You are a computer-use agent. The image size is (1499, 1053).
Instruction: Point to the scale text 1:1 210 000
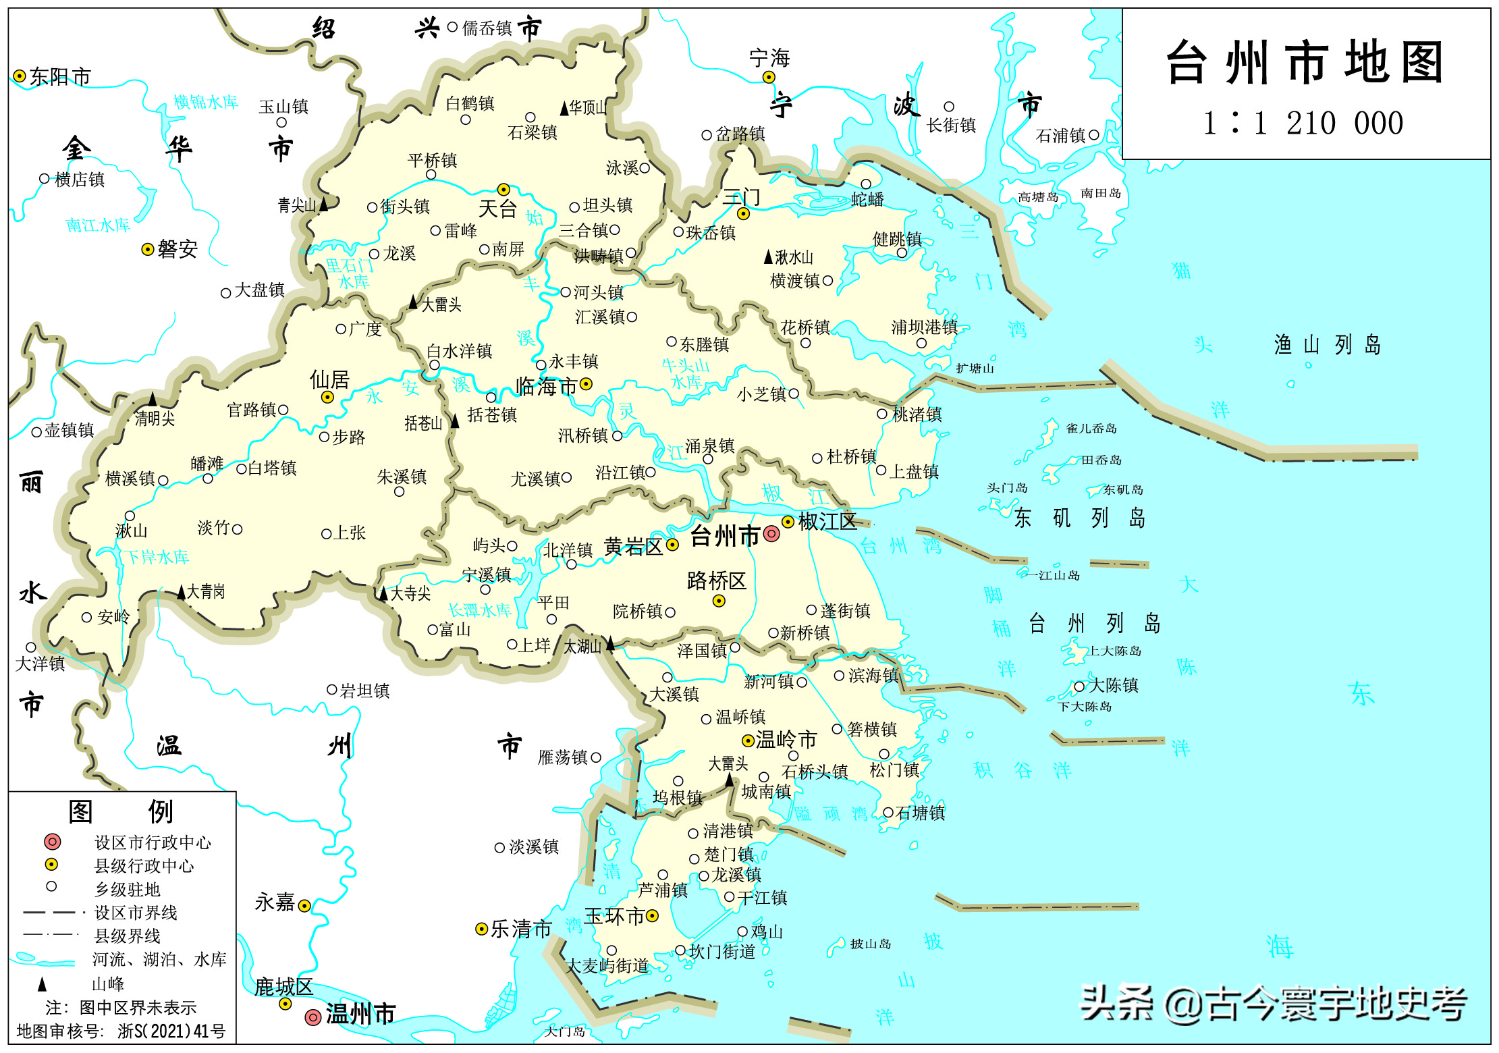point(1303,124)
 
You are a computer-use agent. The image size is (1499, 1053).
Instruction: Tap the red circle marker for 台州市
point(771,534)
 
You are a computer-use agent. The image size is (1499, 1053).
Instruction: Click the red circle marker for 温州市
point(313,1017)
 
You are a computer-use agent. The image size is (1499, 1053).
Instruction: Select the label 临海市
point(546,386)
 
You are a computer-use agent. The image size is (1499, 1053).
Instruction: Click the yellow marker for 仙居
point(327,397)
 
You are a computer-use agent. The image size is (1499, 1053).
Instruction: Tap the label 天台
point(497,209)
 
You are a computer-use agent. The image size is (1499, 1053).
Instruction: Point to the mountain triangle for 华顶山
point(564,107)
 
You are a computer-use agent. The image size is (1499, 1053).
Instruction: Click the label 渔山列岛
point(1326,345)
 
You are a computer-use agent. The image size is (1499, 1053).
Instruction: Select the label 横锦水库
point(206,102)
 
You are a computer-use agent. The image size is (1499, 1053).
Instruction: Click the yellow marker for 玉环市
point(652,915)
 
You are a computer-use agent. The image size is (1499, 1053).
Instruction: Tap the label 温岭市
point(786,739)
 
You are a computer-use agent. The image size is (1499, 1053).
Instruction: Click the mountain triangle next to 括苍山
point(455,421)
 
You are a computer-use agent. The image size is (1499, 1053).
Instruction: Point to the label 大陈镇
point(1114,685)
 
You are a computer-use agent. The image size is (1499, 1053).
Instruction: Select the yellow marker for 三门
point(744,214)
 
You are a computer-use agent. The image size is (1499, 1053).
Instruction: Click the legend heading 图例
point(121,811)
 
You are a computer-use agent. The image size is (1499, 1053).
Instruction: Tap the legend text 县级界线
point(128,936)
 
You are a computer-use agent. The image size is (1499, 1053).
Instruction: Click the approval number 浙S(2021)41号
point(171,1031)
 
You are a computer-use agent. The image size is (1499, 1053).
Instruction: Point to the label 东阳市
point(60,77)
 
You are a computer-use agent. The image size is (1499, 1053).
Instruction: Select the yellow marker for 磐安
point(148,250)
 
